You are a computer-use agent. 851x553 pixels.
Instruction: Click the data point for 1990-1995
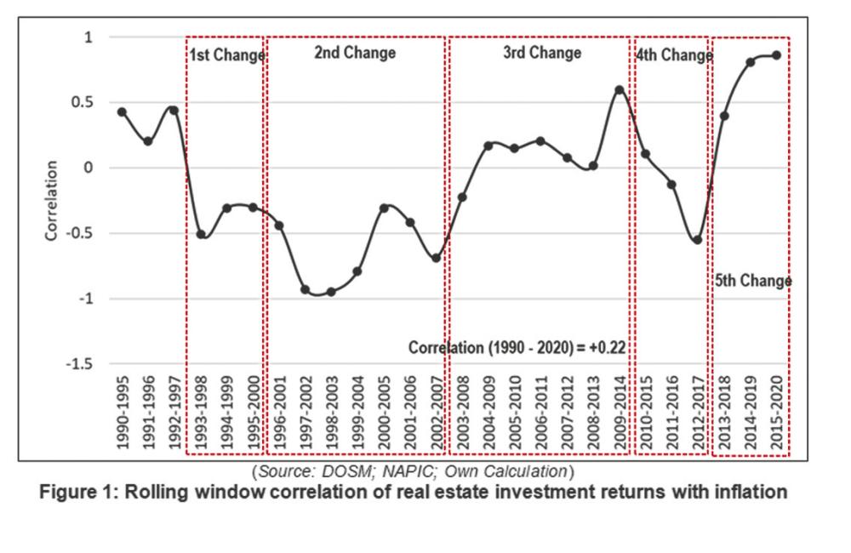pyautogui.click(x=122, y=112)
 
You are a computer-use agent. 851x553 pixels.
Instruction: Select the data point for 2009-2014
pyautogui.click(x=620, y=89)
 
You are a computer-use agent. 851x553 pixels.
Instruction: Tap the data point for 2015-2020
pyautogui.click(x=776, y=55)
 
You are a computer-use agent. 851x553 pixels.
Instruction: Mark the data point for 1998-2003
pyautogui.click(x=331, y=292)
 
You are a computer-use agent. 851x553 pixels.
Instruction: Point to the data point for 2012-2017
pyautogui.click(x=698, y=240)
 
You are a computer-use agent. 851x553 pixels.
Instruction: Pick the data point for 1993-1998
pyautogui.click(x=201, y=234)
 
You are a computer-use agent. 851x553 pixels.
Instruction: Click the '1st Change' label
pyautogui.click(x=226, y=55)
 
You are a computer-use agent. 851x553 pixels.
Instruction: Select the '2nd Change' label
pyautogui.click(x=355, y=53)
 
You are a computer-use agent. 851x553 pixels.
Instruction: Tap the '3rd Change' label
pyautogui.click(x=542, y=53)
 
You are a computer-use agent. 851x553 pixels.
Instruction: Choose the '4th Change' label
pyautogui.click(x=673, y=55)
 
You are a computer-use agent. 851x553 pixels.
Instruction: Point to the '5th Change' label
pyautogui.click(x=752, y=281)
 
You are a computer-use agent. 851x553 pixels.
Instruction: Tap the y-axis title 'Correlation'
pyautogui.click(x=52, y=201)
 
